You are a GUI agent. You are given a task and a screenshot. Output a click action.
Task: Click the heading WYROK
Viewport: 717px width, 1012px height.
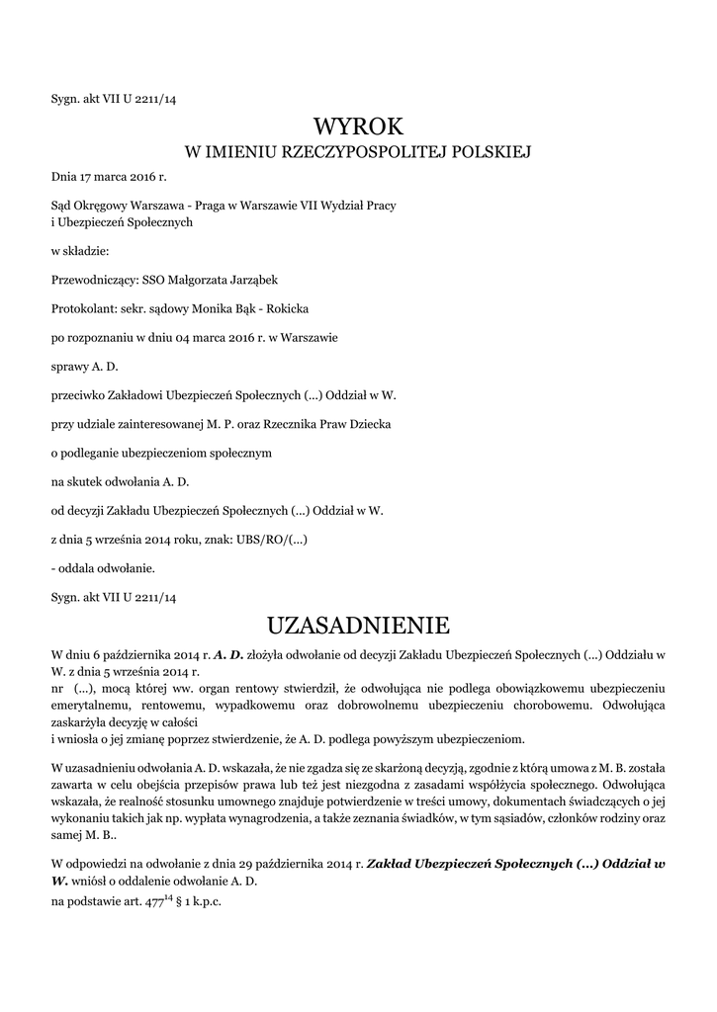point(358,126)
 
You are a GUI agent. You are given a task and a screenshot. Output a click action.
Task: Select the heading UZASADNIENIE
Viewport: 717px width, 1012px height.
point(358,625)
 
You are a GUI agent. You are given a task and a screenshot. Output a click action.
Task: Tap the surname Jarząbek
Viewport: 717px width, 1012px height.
point(247,280)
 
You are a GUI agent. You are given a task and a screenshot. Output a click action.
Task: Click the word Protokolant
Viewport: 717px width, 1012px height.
point(83,308)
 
